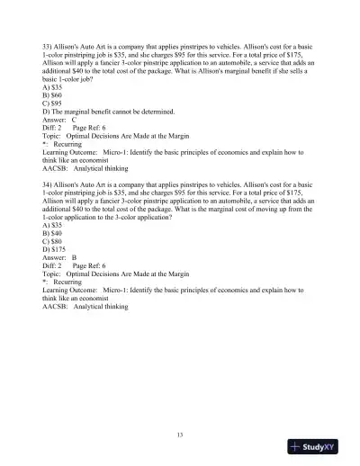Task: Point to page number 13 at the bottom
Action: click(180, 435)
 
